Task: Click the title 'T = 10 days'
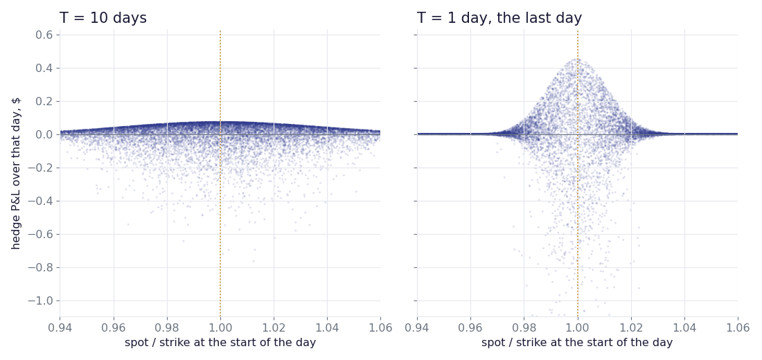103,18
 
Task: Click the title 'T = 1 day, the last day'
499,18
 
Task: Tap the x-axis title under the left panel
220,343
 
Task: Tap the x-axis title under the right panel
577,343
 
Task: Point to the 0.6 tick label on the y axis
45,35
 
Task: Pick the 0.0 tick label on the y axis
45,134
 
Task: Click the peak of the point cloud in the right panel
577,60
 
